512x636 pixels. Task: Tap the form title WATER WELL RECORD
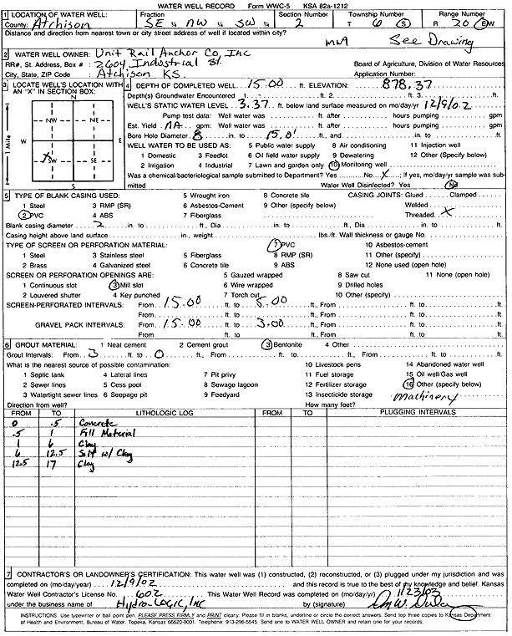tap(208, 6)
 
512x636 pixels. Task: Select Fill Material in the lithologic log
tap(99, 435)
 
